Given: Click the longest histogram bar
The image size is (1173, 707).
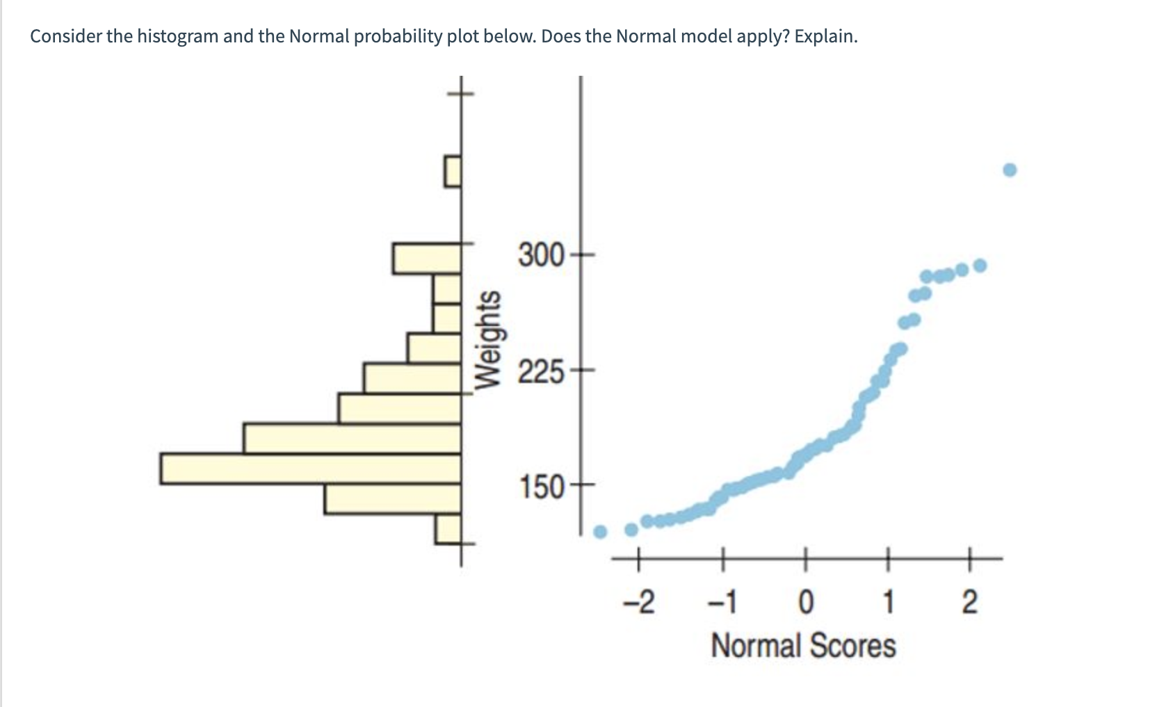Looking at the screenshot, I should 310,469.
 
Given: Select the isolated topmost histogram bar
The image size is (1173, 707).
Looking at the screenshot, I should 453,171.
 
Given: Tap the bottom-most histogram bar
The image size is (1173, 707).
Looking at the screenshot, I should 448,529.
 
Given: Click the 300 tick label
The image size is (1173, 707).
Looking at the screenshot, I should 542,255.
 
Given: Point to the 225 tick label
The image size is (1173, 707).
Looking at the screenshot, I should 542,373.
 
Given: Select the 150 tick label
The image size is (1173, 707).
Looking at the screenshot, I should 542,487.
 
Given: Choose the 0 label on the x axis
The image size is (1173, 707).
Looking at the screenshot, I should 804,602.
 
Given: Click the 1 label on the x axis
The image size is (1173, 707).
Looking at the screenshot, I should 888,602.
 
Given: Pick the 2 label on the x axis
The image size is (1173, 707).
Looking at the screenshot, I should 969,602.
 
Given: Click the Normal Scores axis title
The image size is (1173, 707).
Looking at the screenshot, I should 803,646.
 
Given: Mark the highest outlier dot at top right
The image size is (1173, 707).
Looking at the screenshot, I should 1010,170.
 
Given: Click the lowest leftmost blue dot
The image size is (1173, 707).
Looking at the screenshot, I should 600,533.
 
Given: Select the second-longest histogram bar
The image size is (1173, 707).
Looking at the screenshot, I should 352,438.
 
